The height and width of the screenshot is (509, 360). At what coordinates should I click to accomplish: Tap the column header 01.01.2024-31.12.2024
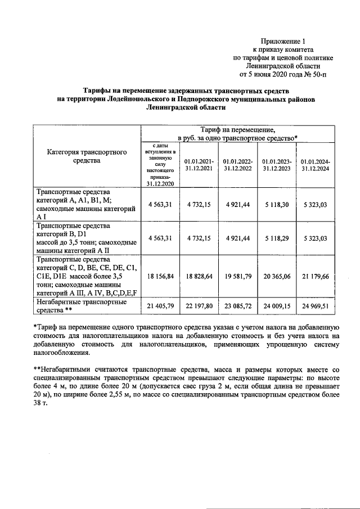(316, 164)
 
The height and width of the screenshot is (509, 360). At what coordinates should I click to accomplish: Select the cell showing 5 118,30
(276, 204)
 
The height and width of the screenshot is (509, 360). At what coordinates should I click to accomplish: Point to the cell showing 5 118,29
(276, 238)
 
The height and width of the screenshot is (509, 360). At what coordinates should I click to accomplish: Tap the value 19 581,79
(237, 277)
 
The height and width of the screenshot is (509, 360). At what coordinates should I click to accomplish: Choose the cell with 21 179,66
(316, 277)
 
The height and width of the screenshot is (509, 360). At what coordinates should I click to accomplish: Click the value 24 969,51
(316, 306)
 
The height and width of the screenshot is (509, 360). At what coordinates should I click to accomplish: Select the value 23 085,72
(237, 306)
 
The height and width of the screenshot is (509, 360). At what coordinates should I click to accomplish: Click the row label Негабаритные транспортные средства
(74, 306)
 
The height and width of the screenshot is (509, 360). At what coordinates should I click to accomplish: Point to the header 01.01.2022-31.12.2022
(237, 164)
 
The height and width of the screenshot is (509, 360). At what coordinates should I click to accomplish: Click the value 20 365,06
(276, 277)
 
